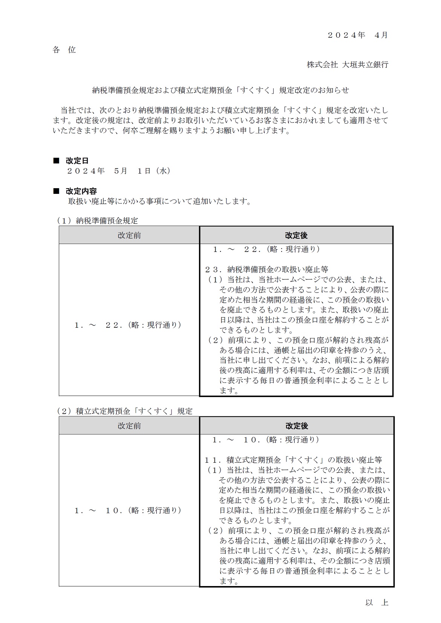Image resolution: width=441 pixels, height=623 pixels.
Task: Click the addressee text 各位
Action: (x=64, y=50)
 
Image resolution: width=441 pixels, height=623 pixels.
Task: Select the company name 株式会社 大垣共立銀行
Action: (x=347, y=64)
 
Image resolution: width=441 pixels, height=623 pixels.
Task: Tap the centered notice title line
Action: (x=220, y=90)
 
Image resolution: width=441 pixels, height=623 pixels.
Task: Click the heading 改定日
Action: (x=77, y=161)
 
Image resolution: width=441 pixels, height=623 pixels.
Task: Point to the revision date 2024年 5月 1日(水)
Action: (x=119, y=171)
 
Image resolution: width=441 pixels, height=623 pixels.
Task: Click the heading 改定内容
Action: (x=81, y=191)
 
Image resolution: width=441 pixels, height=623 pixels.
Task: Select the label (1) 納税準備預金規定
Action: (x=97, y=221)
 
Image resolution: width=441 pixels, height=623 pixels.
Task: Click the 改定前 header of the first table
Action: (x=129, y=235)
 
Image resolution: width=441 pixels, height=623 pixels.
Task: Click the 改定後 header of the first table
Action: (x=296, y=235)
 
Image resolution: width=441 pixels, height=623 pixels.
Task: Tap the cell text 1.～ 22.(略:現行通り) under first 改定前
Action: (x=128, y=325)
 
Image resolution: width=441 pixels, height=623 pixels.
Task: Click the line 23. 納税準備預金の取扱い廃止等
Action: (x=266, y=269)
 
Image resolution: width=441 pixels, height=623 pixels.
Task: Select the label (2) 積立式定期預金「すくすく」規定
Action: (x=124, y=411)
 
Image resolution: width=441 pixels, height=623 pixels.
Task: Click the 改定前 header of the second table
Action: (x=129, y=426)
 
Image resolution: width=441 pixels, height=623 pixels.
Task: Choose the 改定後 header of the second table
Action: (x=297, y=426)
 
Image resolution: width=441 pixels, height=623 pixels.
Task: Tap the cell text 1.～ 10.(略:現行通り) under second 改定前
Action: (x=128, y=510)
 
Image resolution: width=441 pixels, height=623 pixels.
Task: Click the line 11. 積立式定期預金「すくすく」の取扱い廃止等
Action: (x=293, y=460)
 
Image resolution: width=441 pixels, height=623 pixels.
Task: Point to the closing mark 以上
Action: (x=377, y=602)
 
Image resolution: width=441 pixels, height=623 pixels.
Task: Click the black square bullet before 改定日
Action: (x=56, y=161)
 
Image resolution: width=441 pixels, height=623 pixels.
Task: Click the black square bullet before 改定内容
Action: (x=56, y=191)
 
